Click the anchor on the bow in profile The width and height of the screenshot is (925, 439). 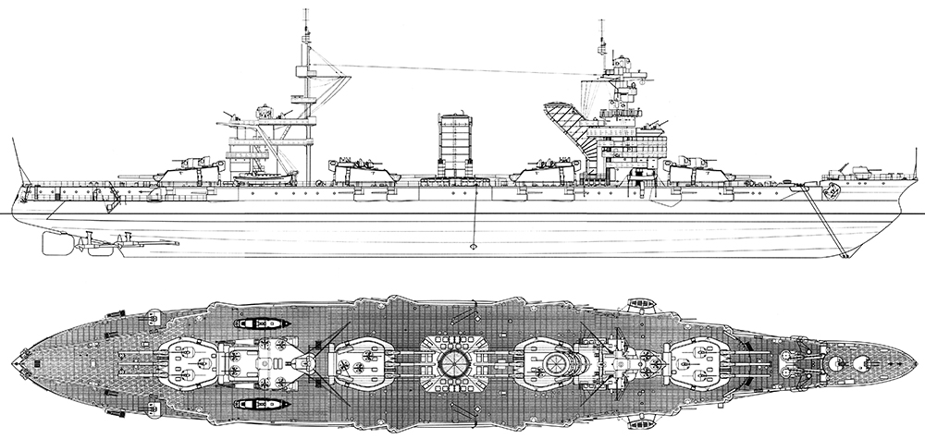pos(831,192)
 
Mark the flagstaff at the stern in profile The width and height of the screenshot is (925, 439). pos(14,157)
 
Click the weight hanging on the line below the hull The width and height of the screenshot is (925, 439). pos(474,246)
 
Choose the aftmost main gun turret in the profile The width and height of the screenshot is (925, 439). pos(192,169)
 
